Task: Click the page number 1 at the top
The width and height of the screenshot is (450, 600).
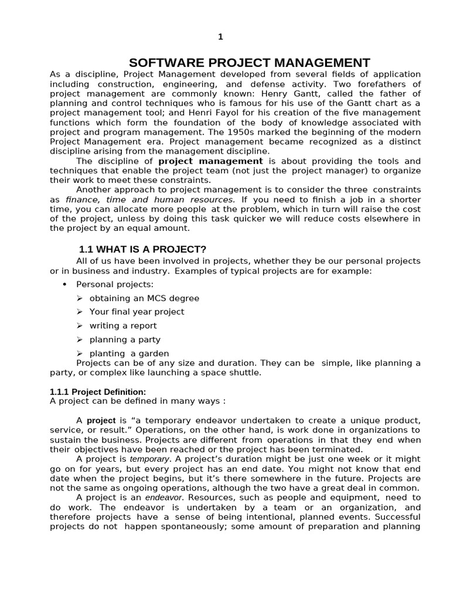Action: point(220,37)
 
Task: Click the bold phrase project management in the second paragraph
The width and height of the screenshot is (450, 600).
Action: point(210,161)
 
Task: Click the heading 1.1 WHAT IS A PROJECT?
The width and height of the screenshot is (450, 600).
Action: point(142,250)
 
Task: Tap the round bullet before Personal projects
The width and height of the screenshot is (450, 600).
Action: point(64,284)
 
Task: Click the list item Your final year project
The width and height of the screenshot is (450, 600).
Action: point(137,312)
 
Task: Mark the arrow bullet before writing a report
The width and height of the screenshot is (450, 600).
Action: point(80,326)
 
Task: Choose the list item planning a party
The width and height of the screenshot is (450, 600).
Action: point(125,339)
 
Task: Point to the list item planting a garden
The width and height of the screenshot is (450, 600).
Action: point(129,353)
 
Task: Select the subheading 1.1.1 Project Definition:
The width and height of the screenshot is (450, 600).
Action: point(98,391)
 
